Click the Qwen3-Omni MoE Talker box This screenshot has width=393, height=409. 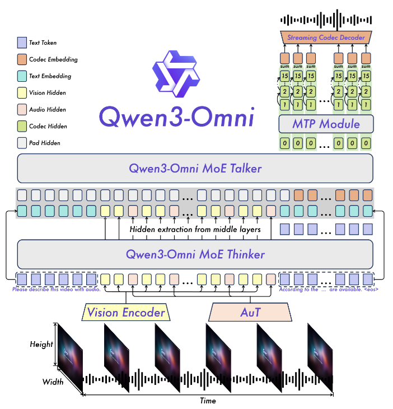[195, 168]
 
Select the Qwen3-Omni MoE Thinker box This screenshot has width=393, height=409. [195, 254]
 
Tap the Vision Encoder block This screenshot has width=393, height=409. [126, 312]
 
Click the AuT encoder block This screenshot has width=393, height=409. [250, 312]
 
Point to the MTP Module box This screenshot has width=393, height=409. [326, 124]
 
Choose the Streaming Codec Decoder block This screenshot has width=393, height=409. [326, 38]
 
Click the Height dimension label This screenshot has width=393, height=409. [41, 344]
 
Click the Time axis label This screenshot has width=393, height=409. [208, 401]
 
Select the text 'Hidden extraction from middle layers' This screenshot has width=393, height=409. [195, 230]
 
